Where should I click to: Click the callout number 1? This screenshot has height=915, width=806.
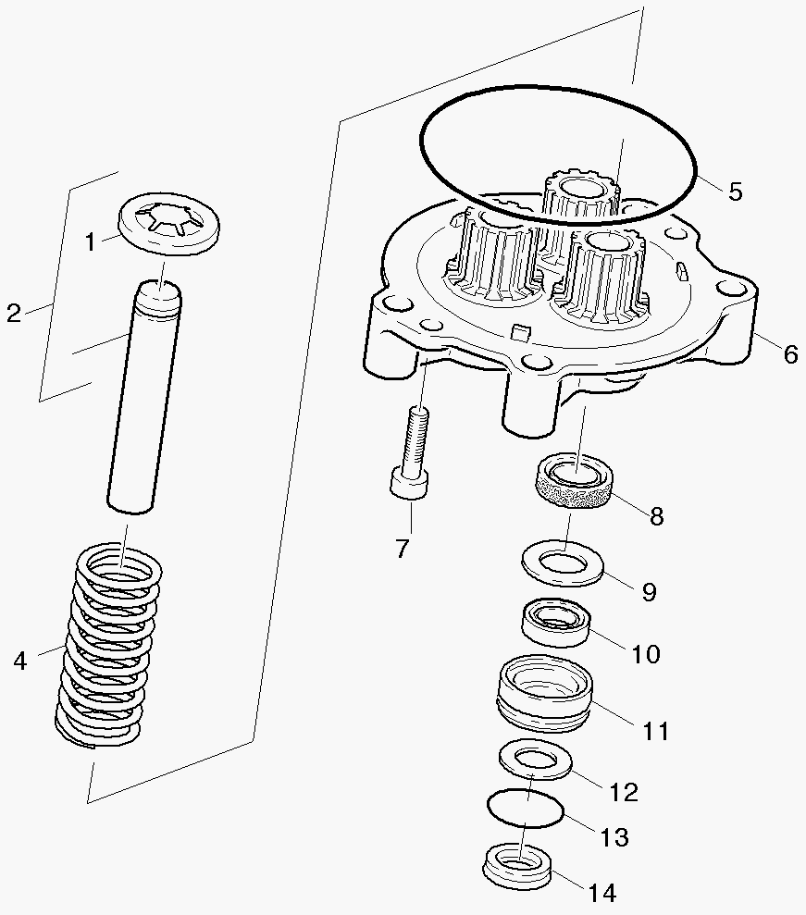[91, 242]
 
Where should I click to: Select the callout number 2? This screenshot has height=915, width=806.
[13, 314]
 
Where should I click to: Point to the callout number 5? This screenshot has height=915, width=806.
[735, 192]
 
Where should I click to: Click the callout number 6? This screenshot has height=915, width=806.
[789, 354]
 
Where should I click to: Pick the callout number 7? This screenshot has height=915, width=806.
[402, 548]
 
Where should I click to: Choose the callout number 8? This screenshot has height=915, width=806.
[656, 516]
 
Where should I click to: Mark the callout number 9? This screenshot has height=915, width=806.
[649, 592]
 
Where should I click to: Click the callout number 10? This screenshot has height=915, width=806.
[646, 654]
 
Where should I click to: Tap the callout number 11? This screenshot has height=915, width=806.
[655, 731]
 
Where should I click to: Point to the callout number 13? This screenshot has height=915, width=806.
[614, 837]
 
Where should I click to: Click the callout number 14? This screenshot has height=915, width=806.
[601, 893]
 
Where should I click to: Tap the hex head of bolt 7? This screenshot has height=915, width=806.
[408, 484]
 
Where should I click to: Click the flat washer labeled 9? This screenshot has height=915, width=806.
[564, 563]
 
